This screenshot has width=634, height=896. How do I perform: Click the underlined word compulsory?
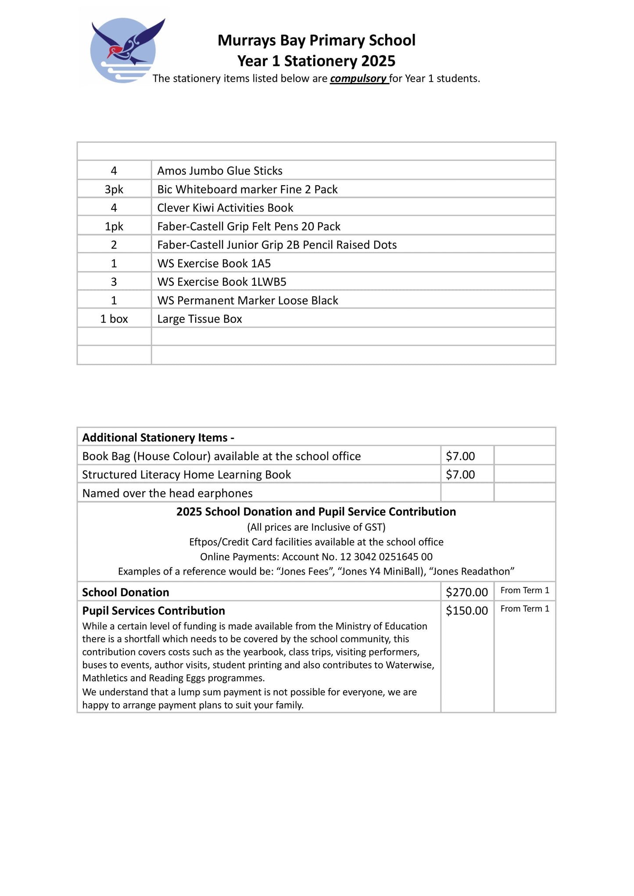tap(358, 79)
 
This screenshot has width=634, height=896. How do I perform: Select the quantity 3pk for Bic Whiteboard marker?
tap(114, 189)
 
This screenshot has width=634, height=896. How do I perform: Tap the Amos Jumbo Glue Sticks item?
tap(219, 171)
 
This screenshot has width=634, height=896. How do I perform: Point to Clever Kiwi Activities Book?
tap(225, 208)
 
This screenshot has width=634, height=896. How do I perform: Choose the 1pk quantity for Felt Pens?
tap(114, 227)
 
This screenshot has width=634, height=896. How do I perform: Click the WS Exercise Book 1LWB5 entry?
tap(222, 282)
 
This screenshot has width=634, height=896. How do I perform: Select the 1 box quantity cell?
tap(114, 319)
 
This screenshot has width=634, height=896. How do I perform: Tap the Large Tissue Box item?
tap(200, 319)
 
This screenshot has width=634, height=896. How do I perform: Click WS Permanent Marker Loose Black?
tap(247, 300)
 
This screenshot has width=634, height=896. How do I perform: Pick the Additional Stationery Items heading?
tap(158, 437)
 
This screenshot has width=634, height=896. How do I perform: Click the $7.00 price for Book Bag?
tap(460, 456)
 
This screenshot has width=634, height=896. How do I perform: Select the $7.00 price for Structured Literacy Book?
tap(460, 475)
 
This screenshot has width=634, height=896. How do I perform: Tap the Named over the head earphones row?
tap(167, 493)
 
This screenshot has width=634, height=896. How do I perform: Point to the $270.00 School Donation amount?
tap(467, 592)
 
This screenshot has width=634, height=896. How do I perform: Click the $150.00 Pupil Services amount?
tap(467, 611)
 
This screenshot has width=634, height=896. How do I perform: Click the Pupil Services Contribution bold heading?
tap(154, 611)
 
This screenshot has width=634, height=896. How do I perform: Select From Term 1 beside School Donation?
tap(525, 590)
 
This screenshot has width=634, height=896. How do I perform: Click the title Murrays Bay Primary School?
tap(316, 40)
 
